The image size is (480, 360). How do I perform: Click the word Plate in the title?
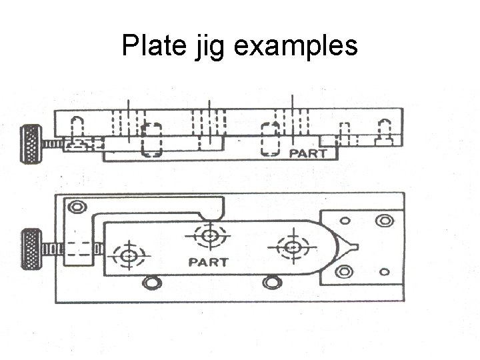[154, 45]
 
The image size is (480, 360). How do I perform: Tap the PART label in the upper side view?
[308, 153]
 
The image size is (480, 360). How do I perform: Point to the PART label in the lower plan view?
[208, 262]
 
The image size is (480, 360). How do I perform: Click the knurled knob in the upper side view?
[31, 143]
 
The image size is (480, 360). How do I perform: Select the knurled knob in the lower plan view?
[31, 249]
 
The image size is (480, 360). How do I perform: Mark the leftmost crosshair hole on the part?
[128, 255]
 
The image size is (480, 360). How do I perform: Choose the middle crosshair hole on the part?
[209, 235]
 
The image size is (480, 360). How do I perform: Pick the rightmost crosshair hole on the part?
[291, 247]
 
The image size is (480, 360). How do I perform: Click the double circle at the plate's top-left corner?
[78, 208]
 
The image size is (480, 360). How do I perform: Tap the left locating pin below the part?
[153, 284]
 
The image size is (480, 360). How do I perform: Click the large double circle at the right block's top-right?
[383, 221]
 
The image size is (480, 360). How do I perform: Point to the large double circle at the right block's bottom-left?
[344, 271]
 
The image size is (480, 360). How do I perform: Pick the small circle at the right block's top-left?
[345, 221]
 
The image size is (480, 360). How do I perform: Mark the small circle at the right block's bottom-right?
[384, 272]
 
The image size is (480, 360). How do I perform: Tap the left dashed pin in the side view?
[153, 139]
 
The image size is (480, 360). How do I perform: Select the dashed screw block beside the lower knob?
[79, 249]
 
